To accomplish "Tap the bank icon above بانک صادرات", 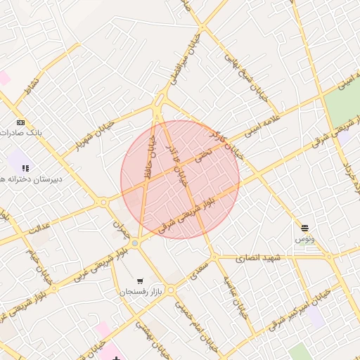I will (x=20, y=122).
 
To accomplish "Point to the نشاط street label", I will (x=32, y=86).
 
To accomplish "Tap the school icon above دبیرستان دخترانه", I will (x=25, y=168).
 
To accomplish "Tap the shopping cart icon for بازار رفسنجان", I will (x=141, y=281).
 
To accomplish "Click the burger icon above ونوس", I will (x=304, y=228).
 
